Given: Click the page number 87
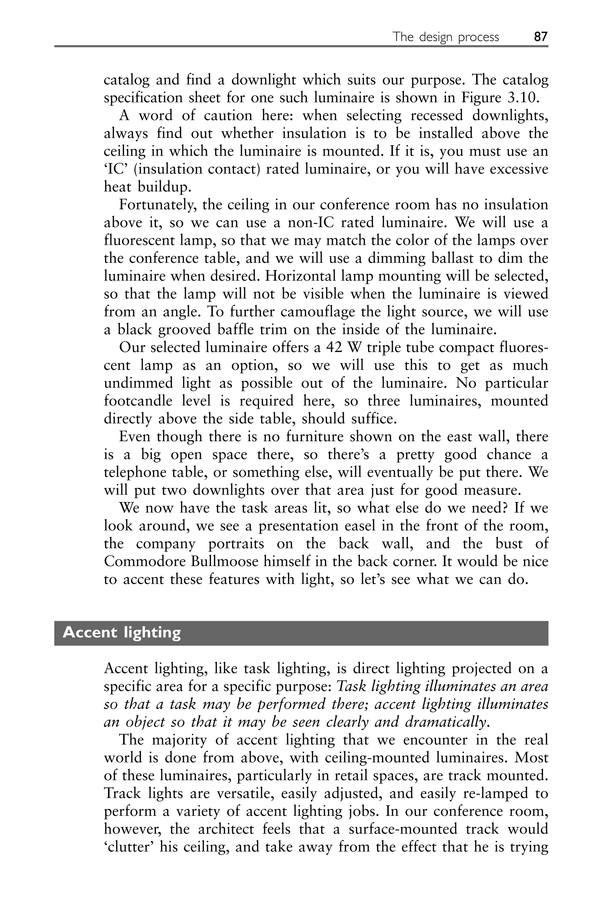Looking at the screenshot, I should [541, 37].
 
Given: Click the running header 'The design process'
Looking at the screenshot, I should [446, 37].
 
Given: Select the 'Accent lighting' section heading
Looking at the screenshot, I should [122, 633].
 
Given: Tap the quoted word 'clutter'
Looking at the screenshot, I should [126, 847].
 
